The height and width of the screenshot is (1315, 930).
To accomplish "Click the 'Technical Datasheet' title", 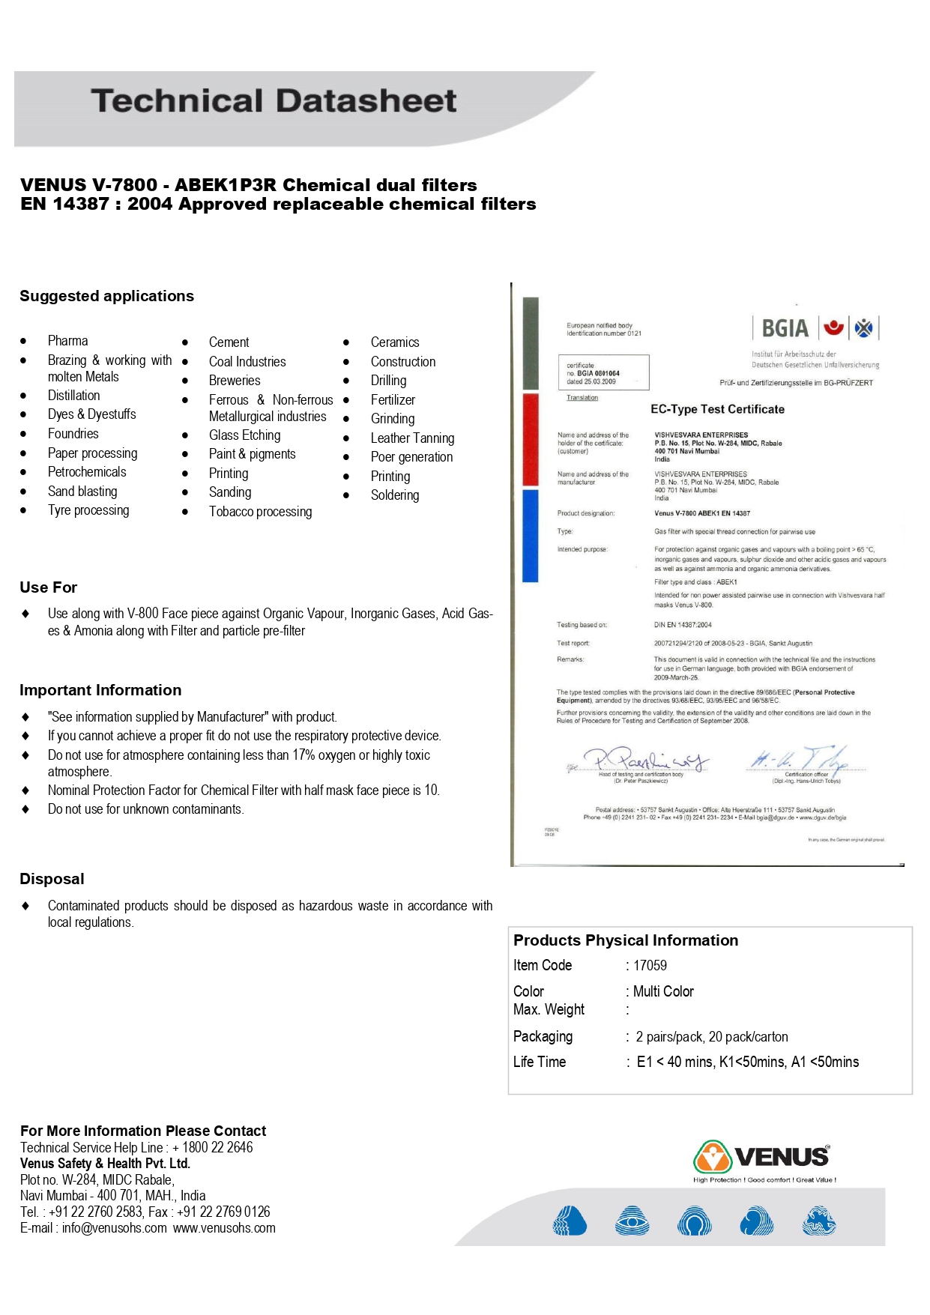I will (274, 101).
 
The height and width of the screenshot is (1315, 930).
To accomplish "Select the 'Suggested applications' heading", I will (106, 296).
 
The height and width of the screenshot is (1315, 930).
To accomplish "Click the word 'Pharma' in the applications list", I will (67, 341).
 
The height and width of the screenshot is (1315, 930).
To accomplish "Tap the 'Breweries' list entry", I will (235, 381).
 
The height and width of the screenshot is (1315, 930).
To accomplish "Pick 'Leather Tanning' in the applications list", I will (412, 438).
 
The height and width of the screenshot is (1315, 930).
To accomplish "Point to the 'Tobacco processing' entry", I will (260, 512).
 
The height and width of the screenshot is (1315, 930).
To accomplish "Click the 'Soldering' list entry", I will (395, 495).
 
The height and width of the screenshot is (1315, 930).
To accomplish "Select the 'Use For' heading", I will (49, 587).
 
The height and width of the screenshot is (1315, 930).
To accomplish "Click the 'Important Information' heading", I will (100, 690).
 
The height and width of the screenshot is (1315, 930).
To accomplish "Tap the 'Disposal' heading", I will (52, 879).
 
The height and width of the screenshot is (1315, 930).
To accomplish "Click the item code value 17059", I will (650, 966).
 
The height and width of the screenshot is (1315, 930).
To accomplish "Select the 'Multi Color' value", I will (663, 992).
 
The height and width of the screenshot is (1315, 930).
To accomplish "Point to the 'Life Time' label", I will (540, 1062).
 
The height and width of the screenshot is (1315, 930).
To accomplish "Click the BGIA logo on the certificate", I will (785, 328).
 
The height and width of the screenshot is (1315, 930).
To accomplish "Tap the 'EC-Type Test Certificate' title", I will (717, 409).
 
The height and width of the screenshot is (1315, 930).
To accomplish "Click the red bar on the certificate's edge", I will (531, 439).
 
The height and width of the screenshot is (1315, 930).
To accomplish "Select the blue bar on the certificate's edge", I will (531, 535).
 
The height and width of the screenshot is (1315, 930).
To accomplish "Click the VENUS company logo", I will (762, 1157).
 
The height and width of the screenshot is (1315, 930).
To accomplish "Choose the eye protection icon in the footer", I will (632, 1221).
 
